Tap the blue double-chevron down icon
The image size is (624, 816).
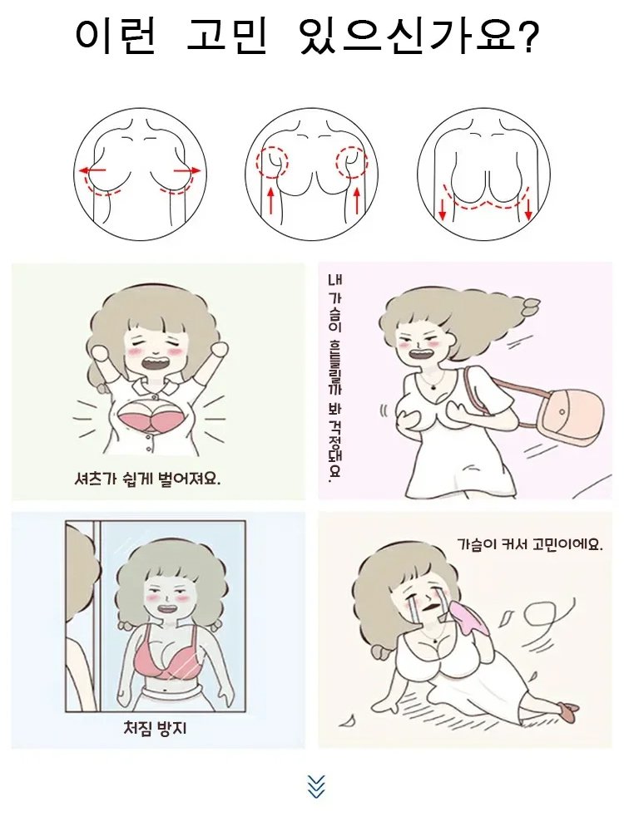pos(315,786)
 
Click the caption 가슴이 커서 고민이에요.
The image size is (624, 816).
pos(529,545)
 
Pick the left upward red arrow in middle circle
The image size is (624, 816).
pos(270,201)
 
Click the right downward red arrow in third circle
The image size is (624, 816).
pos(528,207)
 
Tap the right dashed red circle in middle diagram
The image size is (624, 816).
pos(350,161)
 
